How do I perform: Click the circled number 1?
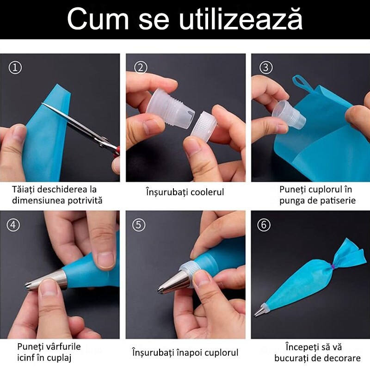[15, 68]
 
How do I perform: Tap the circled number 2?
[141, 68]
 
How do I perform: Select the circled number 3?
[266, 68]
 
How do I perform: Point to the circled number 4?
[13, 225]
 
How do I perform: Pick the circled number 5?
[139, 225]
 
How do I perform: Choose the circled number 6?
[264, 225]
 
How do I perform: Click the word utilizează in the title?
[240, 19]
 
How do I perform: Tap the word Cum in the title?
[98, 19]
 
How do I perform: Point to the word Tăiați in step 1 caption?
[24, 190]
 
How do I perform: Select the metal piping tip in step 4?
[46, 280]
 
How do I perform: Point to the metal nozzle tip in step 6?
[259, 310]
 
